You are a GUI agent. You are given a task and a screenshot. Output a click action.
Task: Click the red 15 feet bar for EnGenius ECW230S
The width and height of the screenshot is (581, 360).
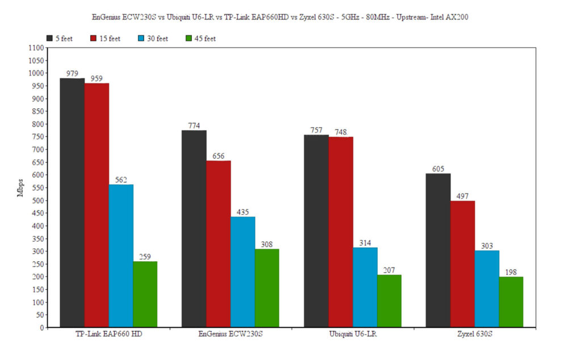[x=218, y=244]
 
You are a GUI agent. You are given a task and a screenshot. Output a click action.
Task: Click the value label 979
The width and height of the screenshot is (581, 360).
[x=72, y=74]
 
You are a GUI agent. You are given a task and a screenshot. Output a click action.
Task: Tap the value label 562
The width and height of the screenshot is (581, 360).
[x=121, y=180]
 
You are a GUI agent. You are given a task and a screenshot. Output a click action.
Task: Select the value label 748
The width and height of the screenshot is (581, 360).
[x=340, y=132]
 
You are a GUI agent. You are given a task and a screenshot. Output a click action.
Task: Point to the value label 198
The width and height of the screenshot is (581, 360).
[x=511, y=272]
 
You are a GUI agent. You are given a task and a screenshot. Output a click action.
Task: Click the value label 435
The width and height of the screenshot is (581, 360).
[x=242, y=212]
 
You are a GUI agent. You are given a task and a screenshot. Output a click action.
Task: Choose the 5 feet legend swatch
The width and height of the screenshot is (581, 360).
[x=50, y=39]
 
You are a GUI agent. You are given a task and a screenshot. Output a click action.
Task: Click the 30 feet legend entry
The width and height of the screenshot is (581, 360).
[x=153, y=39]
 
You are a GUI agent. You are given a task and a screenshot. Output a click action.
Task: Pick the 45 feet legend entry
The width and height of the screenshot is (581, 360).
[x=201, y=39]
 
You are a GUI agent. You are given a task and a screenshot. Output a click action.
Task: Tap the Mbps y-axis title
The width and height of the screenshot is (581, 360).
[x=21, y=188]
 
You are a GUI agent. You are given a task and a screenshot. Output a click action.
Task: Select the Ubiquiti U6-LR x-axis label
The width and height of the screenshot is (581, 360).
[x=353, y=334]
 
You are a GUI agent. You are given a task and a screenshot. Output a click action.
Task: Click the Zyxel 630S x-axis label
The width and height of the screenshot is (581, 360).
[x=475, y=334]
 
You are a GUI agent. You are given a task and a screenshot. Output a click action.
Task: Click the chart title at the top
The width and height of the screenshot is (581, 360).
[x=280, y=17]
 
